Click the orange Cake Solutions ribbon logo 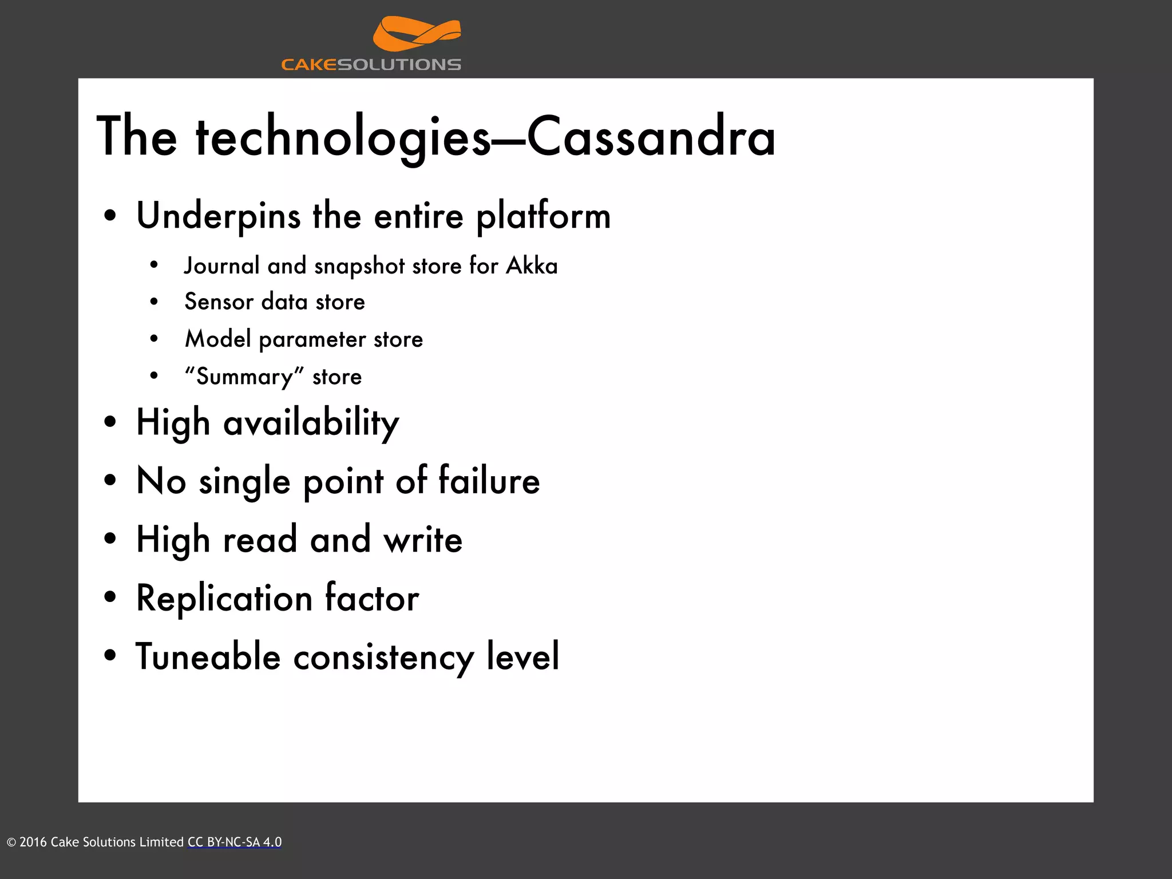(x=416, y=34)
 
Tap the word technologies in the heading (x=343, y=137)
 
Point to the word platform (x=543, y=216)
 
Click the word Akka (x=532, y=266)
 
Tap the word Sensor (x=218, y=302)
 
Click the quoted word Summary (x=244, y=377)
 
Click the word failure (x=489, y=481)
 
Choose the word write (x=423, y=540)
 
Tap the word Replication (x=224, y=599)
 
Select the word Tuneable (x=208, y=657)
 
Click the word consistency (x=383, y=657)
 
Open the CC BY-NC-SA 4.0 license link (x=235, y=842)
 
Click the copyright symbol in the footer (x=11, y=842)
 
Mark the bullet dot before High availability (x=110, y=423)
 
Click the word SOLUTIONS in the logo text (x=399, y=65)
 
